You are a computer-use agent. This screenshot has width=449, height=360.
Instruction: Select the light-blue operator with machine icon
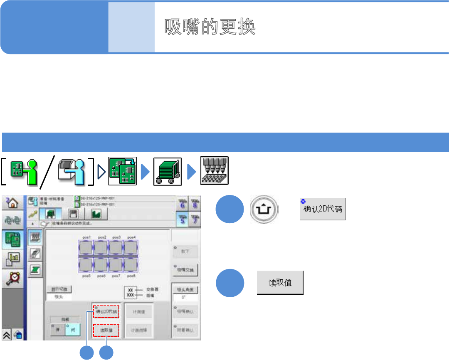pos(73,170)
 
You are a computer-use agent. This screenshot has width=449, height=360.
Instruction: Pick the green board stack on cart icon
pos(167,170)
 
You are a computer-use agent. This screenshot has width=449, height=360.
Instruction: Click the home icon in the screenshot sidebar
pos(13,203)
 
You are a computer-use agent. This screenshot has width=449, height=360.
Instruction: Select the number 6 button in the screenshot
pos(181,203)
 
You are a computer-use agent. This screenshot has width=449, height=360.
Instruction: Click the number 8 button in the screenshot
pos(194,203)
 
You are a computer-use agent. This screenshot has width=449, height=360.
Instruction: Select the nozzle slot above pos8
pos(131,264)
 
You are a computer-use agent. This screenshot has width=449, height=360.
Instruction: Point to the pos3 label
pos(117,237)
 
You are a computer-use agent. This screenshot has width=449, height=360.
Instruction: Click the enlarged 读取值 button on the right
pos(280,283)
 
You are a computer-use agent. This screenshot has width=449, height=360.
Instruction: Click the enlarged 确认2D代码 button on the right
pos(323,209)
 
